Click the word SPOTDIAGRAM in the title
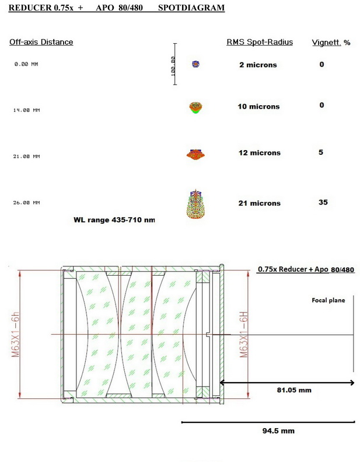tap(191, 8)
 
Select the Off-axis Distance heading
tap(41, 42)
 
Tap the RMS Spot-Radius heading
tap(260, 42)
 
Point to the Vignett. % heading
tap(331, 43)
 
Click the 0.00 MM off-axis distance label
tap(26, 64)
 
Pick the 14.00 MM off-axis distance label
tap(26, 110)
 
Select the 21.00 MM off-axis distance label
tap(26, 157)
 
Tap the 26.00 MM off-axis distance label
tap(26, 203)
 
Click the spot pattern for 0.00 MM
tap(195, 64)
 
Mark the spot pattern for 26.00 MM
tap(195, 204)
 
